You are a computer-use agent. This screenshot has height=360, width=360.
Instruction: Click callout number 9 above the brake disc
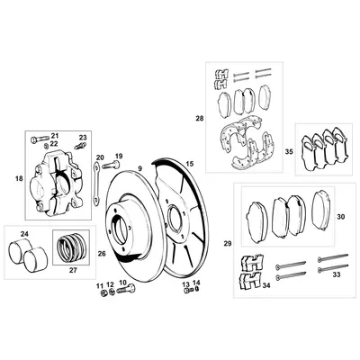140,168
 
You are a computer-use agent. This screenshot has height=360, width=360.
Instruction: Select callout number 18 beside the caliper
18,180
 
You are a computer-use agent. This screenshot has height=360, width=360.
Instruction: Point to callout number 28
200,118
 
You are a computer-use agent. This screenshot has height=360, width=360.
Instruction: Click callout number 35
289,153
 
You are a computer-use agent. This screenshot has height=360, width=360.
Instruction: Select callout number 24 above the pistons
24,235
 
